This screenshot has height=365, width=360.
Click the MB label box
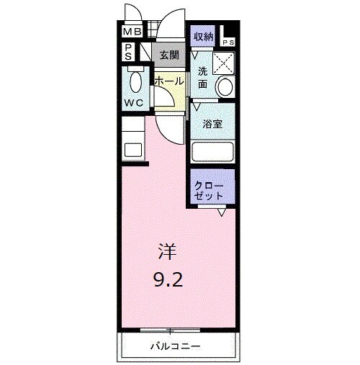pyautogui.click(x=131, y=32)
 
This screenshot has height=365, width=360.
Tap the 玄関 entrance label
pyautogui.click(x=169, y=54)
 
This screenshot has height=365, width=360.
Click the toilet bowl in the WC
pyautogui.click(x=134, y=80)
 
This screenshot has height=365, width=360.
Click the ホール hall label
pyautogui.click(x=168, y=81)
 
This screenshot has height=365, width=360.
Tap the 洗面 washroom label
pyautogui.click(x=203, y=78)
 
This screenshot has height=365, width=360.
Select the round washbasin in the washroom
pyautogui.click(x=225, y=87)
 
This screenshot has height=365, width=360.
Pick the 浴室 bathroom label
pyautogui.click(x=212, y=124)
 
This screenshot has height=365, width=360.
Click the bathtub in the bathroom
pyautogui.click(x=213, y=152)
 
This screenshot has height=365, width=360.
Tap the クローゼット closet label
pyautogui.click(x=209, y=190)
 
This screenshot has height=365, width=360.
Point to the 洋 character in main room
pyautogui.click(x=166, y=252)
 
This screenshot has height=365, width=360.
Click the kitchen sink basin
pyautogui.click(x=133, y=150)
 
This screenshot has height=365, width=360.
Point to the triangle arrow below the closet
pyautogui.click(x=223, y=212)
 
